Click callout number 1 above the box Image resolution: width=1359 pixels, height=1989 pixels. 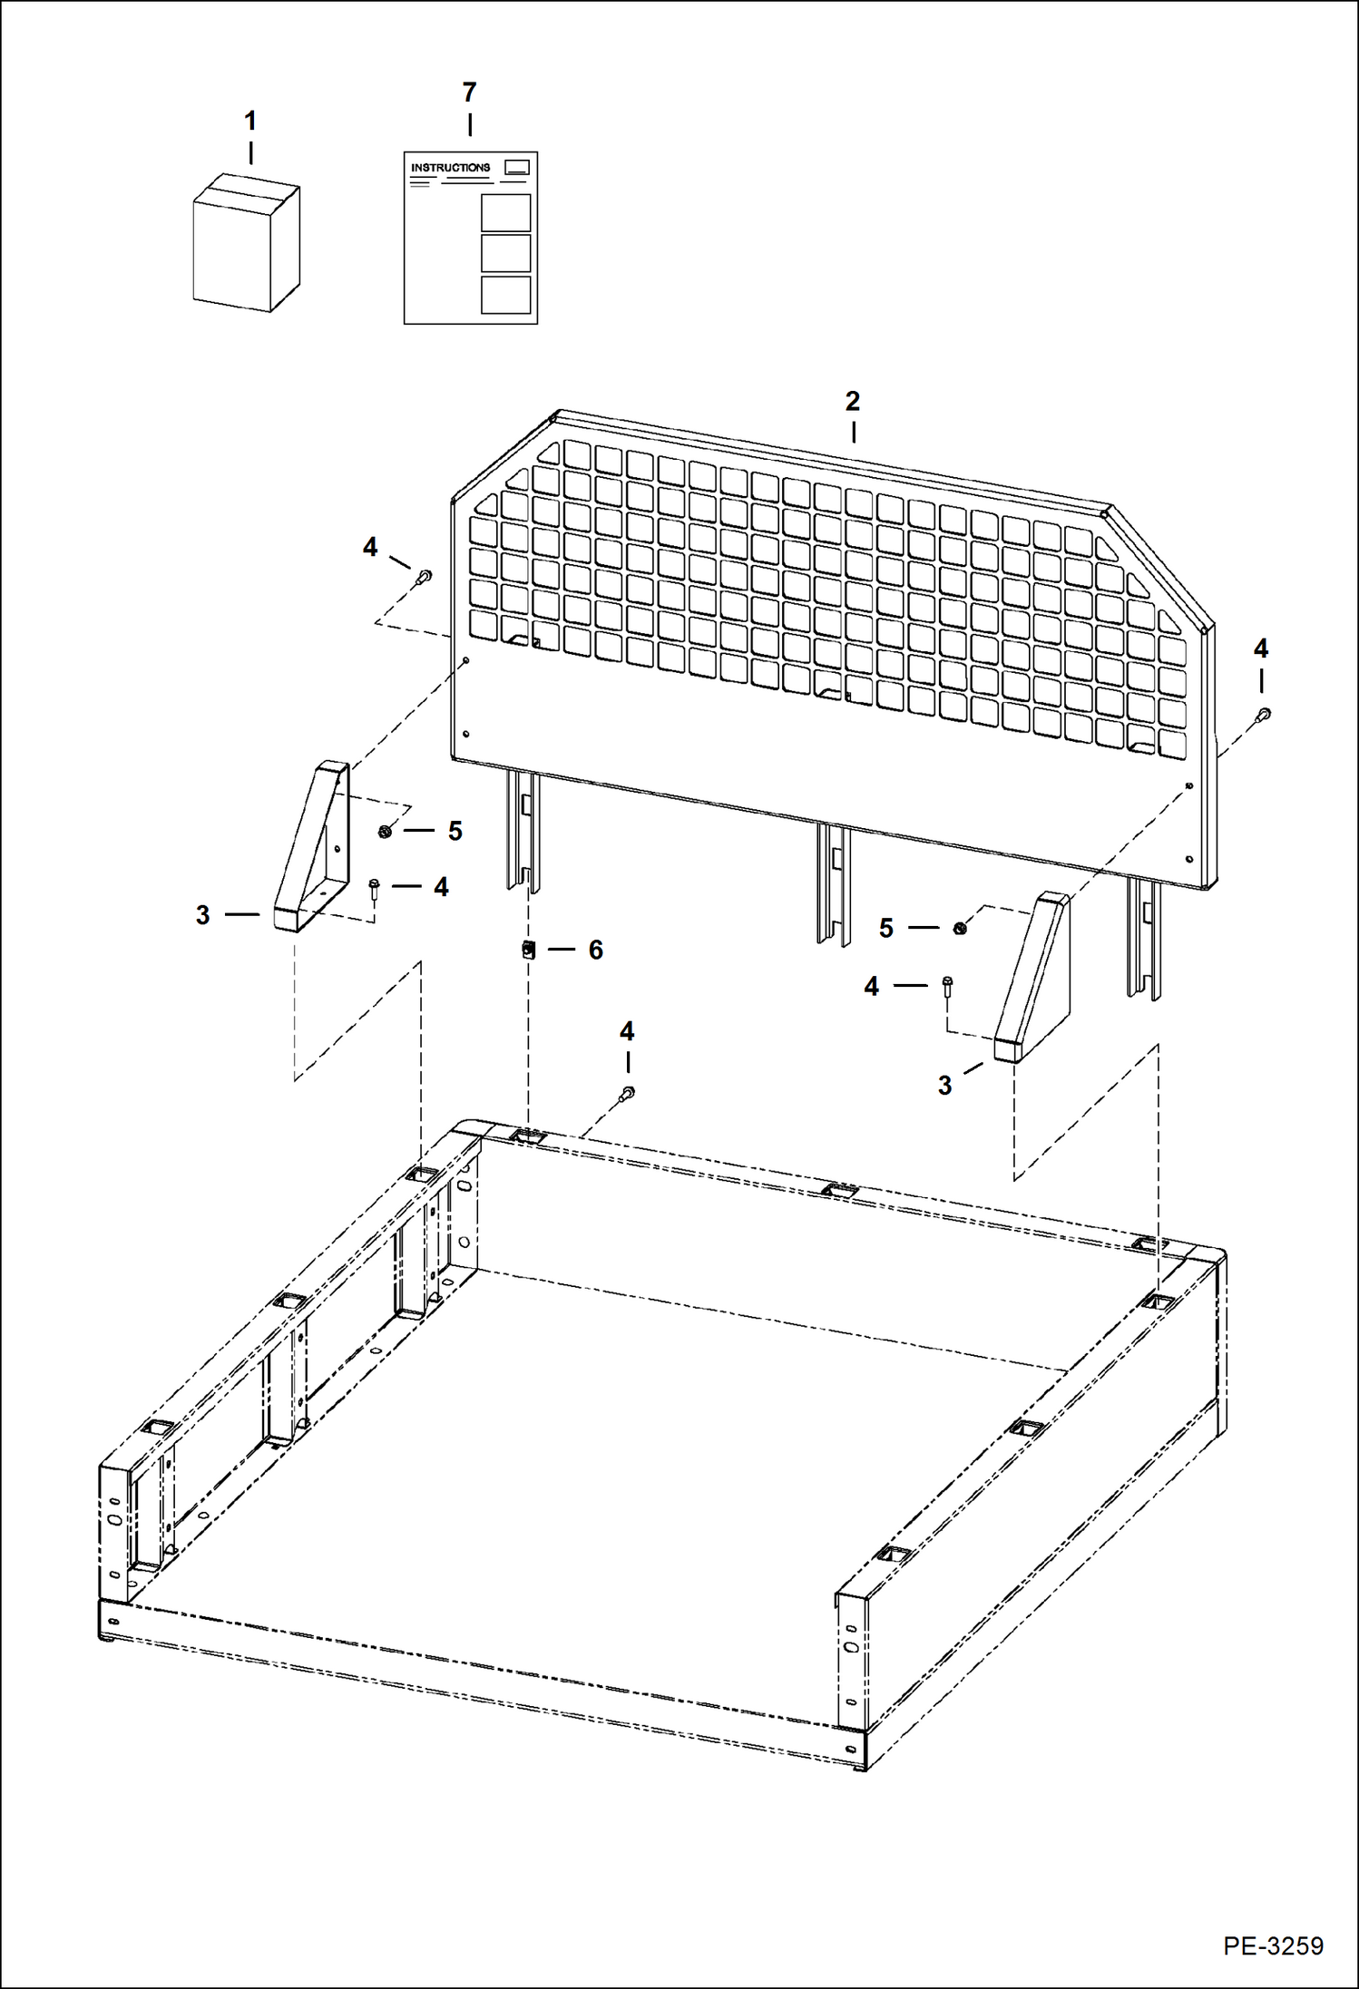coord(250,121)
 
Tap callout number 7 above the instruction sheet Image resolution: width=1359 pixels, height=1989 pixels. coord(469,93)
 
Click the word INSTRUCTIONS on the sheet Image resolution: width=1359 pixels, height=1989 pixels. coord(450,168)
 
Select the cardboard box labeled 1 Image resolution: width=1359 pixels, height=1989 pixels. coord(246,243)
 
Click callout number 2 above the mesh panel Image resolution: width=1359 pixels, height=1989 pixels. coord(852,401)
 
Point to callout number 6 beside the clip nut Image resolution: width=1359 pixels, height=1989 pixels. coord(595,950)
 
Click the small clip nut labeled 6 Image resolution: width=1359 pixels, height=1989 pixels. coord(529,950)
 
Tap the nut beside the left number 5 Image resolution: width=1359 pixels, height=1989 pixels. coord(385,831)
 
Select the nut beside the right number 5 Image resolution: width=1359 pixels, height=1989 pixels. coord(960,928)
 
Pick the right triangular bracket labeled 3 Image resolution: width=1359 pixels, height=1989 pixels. coord(1033,978)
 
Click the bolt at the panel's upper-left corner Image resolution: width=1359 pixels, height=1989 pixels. coord(424,576)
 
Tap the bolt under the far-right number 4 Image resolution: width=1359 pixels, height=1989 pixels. coord(1263,716)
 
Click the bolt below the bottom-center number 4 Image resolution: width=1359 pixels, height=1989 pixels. coord(627,1094)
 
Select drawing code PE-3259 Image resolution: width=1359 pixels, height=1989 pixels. coord(1272,1945)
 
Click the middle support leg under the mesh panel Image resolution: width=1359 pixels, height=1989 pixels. coord(833,884)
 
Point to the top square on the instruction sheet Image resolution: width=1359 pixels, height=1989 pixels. coord(505,212)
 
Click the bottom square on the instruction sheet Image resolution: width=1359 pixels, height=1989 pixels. coord(505,295)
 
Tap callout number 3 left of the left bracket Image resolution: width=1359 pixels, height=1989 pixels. coord(202,915)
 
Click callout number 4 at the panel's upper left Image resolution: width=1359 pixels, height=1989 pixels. coord(370,547)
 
